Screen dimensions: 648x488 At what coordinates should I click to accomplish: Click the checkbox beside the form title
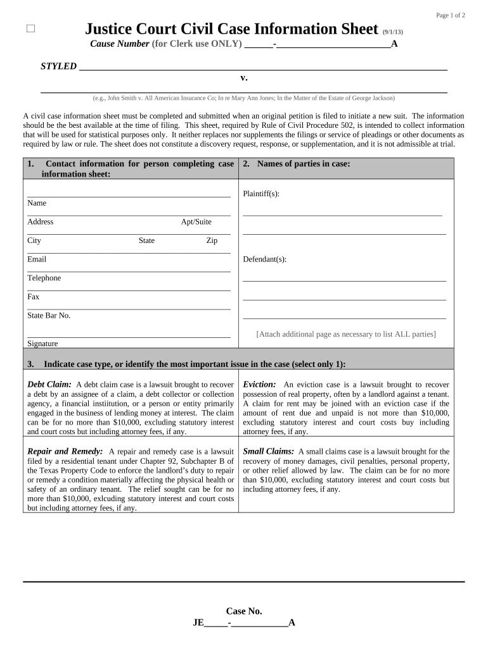pyautogui.click(x=31, y=29)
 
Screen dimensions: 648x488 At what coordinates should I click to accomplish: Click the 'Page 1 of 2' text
pyautogui.click(x=451, y=15)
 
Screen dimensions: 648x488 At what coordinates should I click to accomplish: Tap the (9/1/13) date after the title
pyautogui.click(x=393, y=32)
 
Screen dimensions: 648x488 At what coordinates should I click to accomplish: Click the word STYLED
pyautogui.click(x=59, y=66)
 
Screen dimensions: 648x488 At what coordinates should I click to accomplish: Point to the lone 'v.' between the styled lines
pyautogui.click(x=244, y=78)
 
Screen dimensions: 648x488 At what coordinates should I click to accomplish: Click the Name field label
pyautogui.click(x=37, y=203)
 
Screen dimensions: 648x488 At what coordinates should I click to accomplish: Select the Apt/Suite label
pyautogui.click(x=196, y=222)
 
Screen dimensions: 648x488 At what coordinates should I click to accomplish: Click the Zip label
pyautogui.click(x=212, y=240)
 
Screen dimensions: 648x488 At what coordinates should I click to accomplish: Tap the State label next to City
pyautogui.click(x=146, y=240)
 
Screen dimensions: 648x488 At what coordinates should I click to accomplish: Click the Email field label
pyautogui.click(x=37, y=259)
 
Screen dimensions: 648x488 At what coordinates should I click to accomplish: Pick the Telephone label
pyautogui.click(x=44, y=278)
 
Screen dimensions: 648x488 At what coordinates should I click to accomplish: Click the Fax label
pyautogui.click(x=33, y=297)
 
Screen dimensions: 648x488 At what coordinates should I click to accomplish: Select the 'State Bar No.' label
pyautogui.click(x=49, y=315)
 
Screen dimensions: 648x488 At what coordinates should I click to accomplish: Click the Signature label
pyautogui.click(x=42, y=344)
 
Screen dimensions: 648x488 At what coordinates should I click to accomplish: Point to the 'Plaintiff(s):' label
pyautogui.click(x=261, y=194)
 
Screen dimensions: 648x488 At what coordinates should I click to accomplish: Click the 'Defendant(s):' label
pyautogui.click(x=264, y=259)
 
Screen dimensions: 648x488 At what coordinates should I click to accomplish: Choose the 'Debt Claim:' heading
pyautogui.click(x=49, y=385)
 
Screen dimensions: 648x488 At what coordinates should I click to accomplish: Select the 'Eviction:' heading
pyautogui.click(x=259, y=385)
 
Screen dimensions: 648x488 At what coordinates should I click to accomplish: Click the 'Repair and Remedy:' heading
pyautogui.click(x=65, y=452)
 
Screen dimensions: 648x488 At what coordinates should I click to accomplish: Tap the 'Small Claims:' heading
pyautogui.click(x=269, y=452)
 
